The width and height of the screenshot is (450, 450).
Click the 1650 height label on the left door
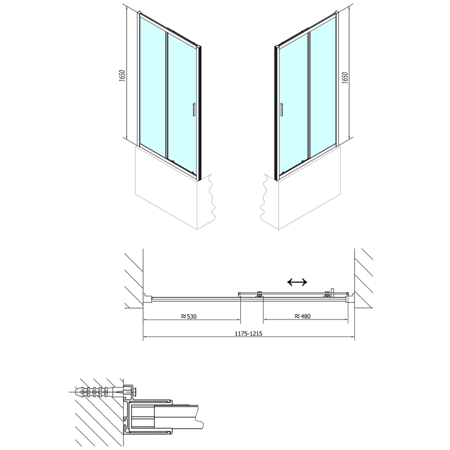[x=122, y=75]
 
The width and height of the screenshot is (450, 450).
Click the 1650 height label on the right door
[x=345, y=76]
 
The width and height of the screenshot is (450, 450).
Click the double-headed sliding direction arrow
[x=296, y=282]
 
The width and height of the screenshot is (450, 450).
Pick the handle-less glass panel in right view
[x=323, y=84]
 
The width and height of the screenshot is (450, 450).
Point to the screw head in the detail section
[x=130, y=389]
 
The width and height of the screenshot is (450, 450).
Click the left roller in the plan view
[x=259, y=294]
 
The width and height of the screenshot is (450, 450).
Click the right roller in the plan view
[x=326, y=294]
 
